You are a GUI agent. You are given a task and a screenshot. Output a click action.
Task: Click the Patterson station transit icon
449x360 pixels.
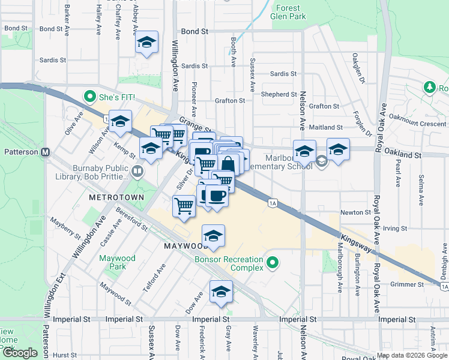(x=45, y=152)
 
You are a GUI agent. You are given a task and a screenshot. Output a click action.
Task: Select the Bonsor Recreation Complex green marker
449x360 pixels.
(x=273, y=262)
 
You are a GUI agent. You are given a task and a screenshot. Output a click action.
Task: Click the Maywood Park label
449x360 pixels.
(x=118, y=262)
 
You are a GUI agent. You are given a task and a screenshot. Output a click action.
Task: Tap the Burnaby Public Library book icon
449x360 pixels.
(x=137, y=173)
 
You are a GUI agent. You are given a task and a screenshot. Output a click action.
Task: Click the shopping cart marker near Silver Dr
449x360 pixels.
(x=184, y=205)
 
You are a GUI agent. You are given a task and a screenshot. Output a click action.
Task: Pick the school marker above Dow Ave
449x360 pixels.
(x=221, y=292)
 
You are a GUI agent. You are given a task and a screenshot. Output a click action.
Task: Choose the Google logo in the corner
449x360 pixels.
(x=20, y=353)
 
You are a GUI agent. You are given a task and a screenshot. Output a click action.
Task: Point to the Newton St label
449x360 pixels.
(x=355, y=212)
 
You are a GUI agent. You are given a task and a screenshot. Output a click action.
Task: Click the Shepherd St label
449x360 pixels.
(x=279, y=94)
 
